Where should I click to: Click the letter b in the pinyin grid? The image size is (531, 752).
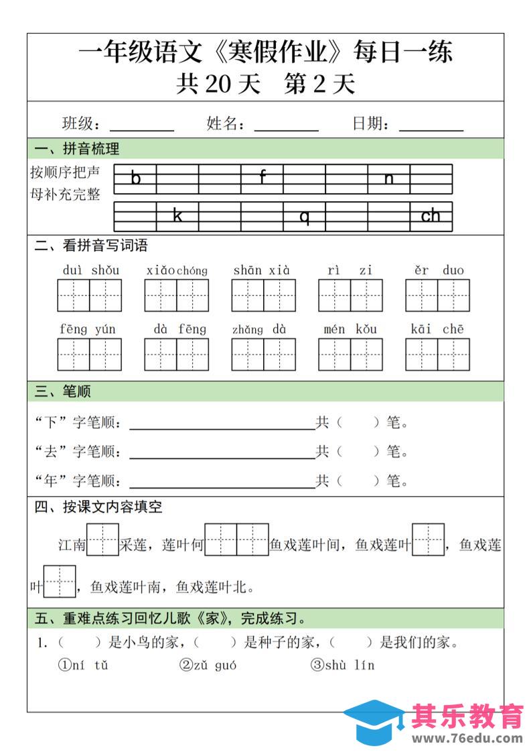[x=136, y=178]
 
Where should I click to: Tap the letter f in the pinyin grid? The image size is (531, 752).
[x=262, y=178]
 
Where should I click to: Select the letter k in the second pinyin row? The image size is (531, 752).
[x=177, y=216]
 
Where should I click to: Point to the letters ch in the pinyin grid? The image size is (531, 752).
[x=431, y=216]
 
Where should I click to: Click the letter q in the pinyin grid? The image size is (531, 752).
[x=305, y=216]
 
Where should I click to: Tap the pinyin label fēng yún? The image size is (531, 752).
[x=88, y=329]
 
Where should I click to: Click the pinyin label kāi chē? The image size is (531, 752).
[x=437, y=329]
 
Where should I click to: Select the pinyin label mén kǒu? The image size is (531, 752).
[x=350, y=329]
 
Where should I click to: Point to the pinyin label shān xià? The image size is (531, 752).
[x=262, y=271]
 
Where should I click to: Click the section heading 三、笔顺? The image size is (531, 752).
[x=63, y=391]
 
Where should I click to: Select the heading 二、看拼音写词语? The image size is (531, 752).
[x=91, y=246]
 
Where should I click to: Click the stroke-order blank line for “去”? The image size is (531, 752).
[x=222, y=458]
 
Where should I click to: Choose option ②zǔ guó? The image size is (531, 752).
[x=208, y=666]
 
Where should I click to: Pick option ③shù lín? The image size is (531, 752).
[x=342, y=666]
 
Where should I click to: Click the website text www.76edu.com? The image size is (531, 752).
[x=467, y=739]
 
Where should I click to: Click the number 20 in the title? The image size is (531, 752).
[x=222, y=84]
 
